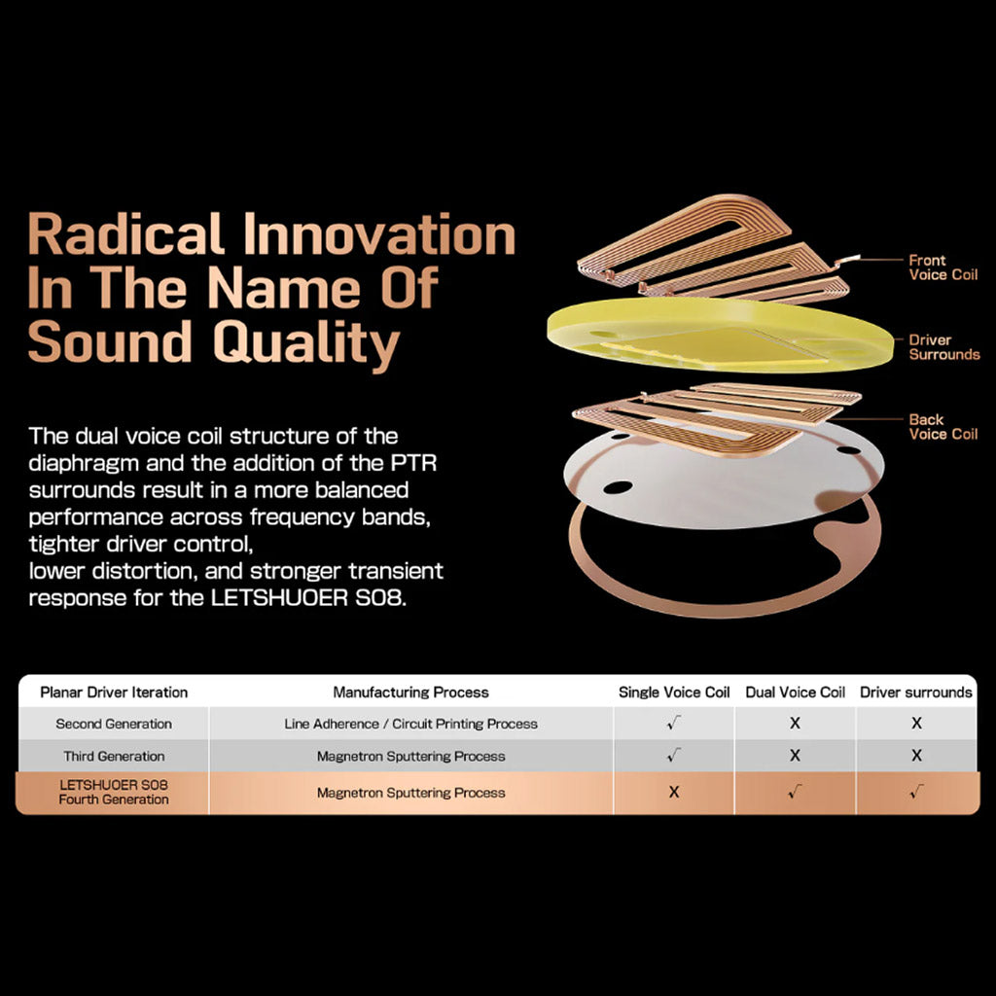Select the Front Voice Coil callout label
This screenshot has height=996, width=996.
(x=943, y=267)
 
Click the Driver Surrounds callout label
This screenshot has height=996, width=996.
(x=943, y=347)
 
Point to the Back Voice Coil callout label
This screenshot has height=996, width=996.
(x=943, y=427)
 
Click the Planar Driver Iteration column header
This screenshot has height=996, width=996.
(x=114, y=692)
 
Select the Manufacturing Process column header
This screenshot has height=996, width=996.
(x=411, y=692)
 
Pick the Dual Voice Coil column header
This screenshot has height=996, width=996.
(x=796, y=692)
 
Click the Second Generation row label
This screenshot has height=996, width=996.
(x=114, y=724)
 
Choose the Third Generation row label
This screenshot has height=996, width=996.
(x=114, y=756)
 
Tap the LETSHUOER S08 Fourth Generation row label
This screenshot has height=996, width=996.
(x=114, y=792)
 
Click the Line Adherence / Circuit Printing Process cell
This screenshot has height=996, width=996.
(x=411, y=724)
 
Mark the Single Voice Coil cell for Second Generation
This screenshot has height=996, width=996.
(x=674, y=723)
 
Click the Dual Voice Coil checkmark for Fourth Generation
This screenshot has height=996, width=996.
(x=796, y=791)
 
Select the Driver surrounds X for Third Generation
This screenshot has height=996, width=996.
(x=916, y=755)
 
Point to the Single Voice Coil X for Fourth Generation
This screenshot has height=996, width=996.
(x=674, y=792)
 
